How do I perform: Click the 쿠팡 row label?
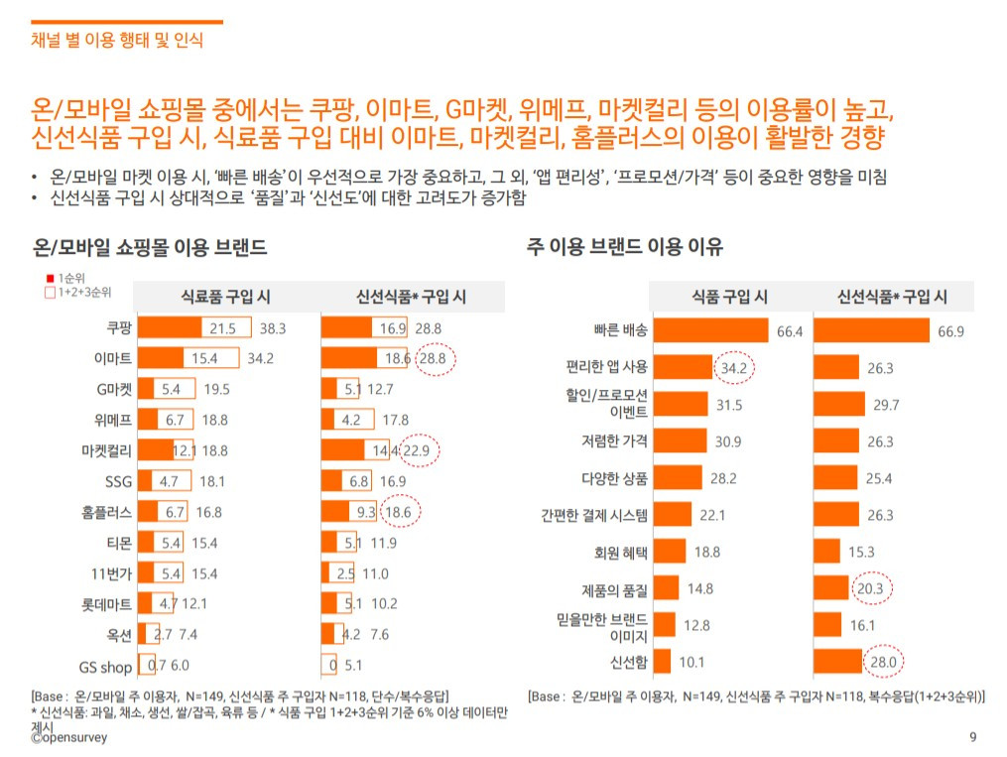[119, 328]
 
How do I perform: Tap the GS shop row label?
[105, 667]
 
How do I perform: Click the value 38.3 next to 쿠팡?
[273, 328]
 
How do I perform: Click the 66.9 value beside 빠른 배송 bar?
[950, 331]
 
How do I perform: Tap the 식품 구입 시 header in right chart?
[728, 297]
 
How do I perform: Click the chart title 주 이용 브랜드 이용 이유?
[625, 247]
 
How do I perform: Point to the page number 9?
[971, 737]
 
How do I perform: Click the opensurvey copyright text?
[68, 738]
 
